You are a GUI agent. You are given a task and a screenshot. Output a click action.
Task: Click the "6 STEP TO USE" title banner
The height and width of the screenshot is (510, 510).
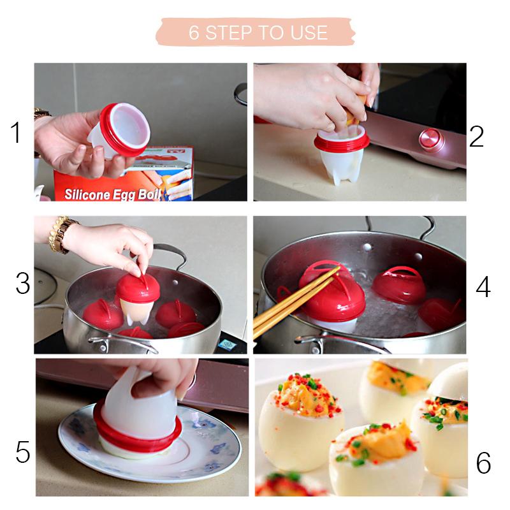click(256, 33)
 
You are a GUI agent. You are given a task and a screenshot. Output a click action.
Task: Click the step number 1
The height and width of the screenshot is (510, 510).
click(15, 133)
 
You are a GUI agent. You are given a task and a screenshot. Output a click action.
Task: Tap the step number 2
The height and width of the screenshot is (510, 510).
click(476, 136)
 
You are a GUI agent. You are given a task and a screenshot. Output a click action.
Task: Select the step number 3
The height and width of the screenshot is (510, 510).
click(23, 284)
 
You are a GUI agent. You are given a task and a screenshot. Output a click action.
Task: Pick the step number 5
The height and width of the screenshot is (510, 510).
click(23, 452)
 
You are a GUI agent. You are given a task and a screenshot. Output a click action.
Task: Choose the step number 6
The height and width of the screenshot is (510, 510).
click(483, 463)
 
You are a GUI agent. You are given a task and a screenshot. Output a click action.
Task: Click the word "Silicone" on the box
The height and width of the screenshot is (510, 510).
click(87, 194)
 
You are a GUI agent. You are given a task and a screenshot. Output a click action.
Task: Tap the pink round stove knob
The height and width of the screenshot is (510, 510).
click(431, 140)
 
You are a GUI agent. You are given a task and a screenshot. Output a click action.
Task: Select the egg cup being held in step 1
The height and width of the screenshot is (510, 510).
click(120, 130)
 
